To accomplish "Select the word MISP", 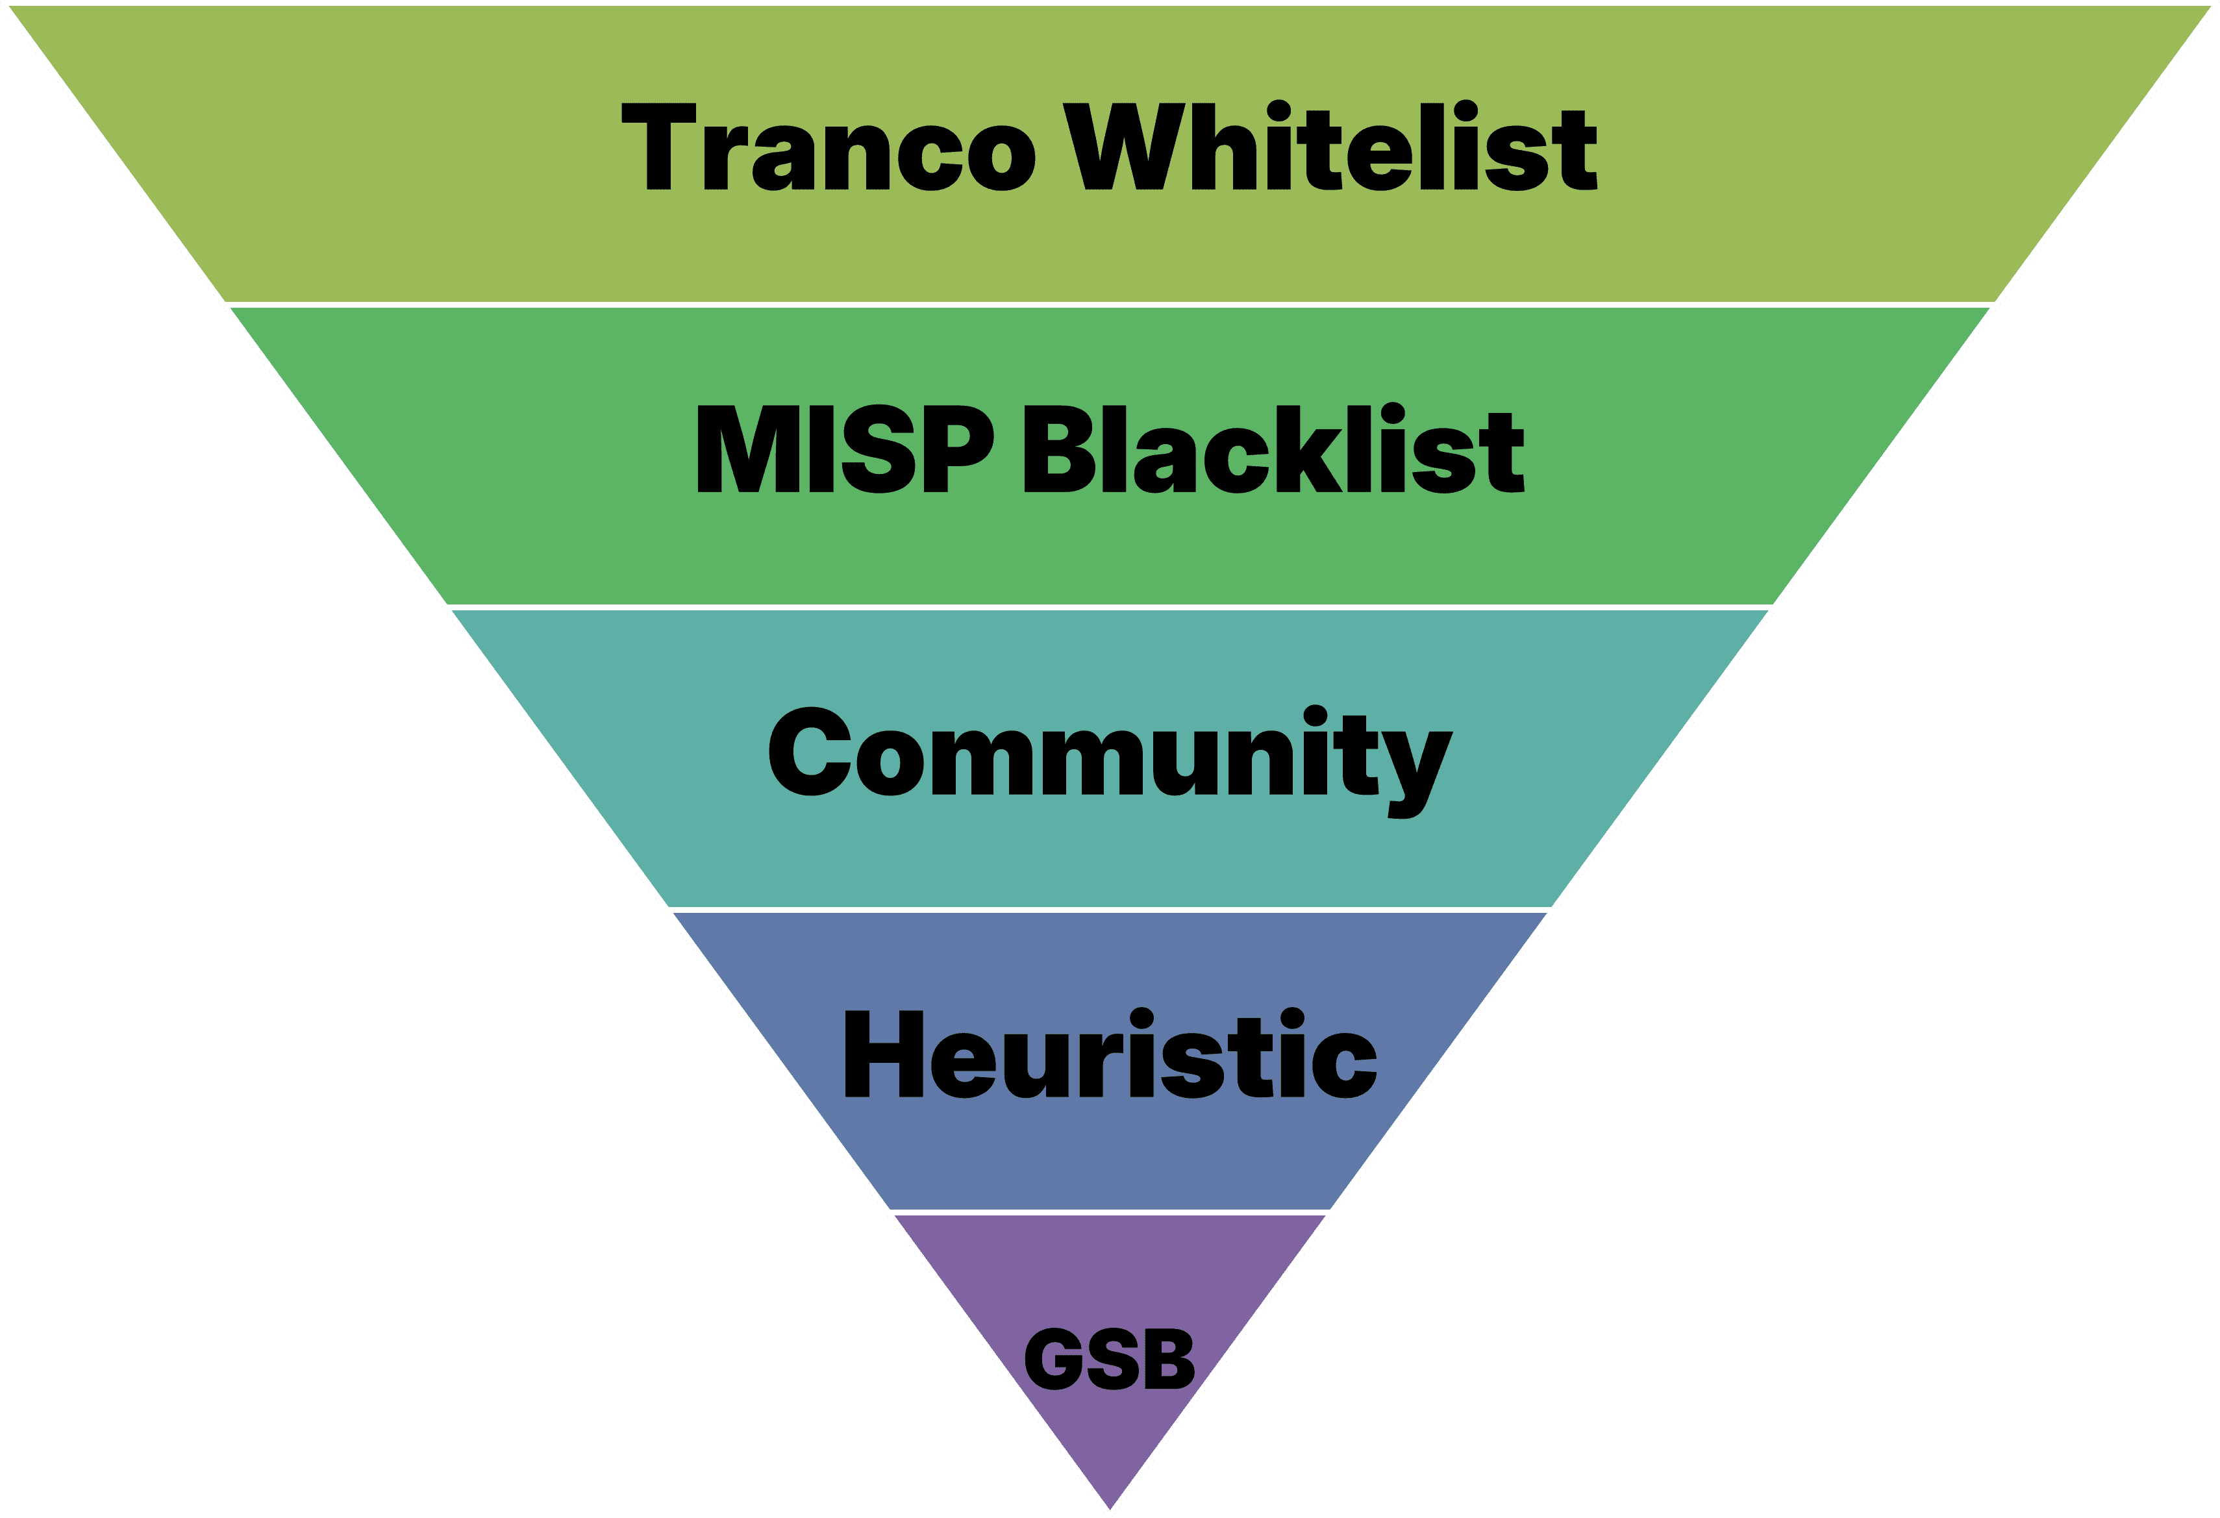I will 845,449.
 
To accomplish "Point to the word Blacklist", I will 1273,449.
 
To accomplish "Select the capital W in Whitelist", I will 1123,146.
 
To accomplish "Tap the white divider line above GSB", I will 1110,1212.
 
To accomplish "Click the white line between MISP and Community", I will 1110,606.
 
